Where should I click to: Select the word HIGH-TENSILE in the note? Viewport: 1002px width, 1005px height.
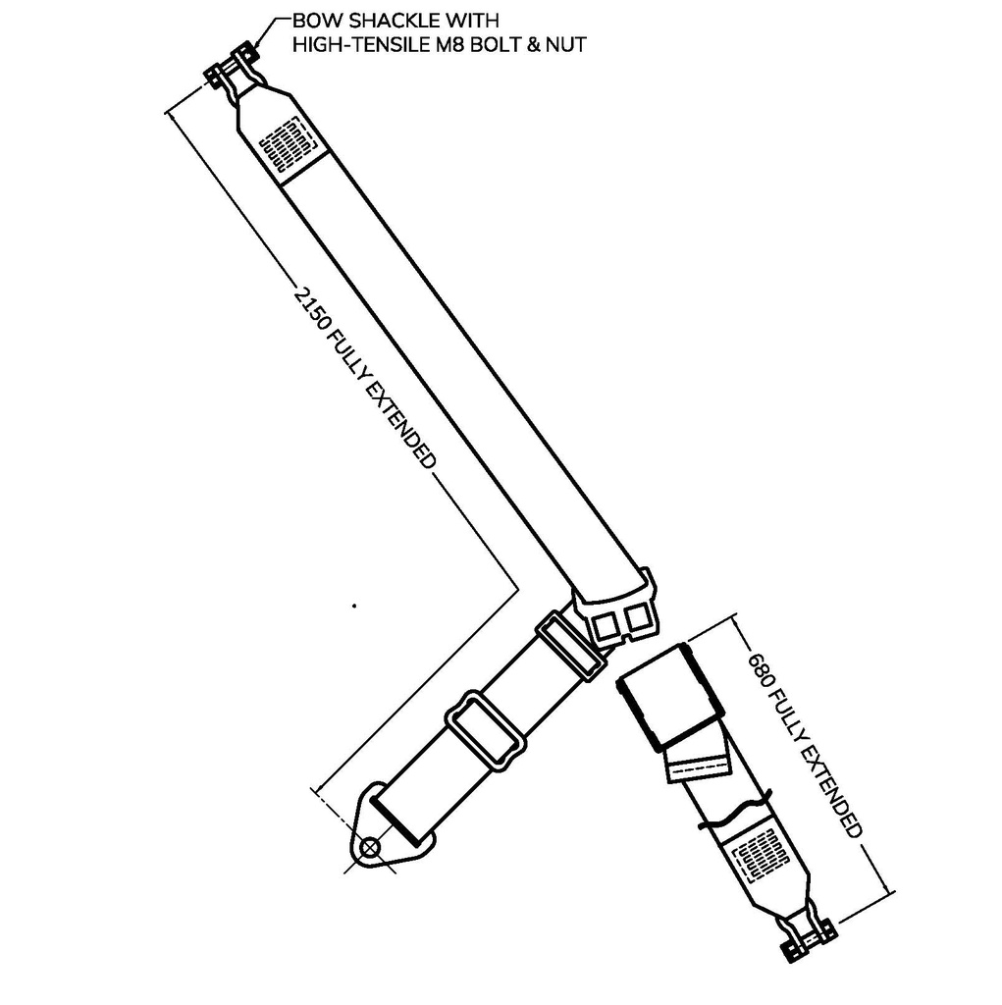359,45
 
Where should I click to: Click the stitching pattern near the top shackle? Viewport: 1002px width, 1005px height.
288,145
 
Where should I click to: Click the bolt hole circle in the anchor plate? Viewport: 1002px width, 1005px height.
370,848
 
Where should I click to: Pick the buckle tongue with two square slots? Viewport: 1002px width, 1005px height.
616,607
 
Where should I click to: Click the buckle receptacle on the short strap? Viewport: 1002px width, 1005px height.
670,698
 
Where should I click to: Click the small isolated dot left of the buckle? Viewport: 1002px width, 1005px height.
354,605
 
